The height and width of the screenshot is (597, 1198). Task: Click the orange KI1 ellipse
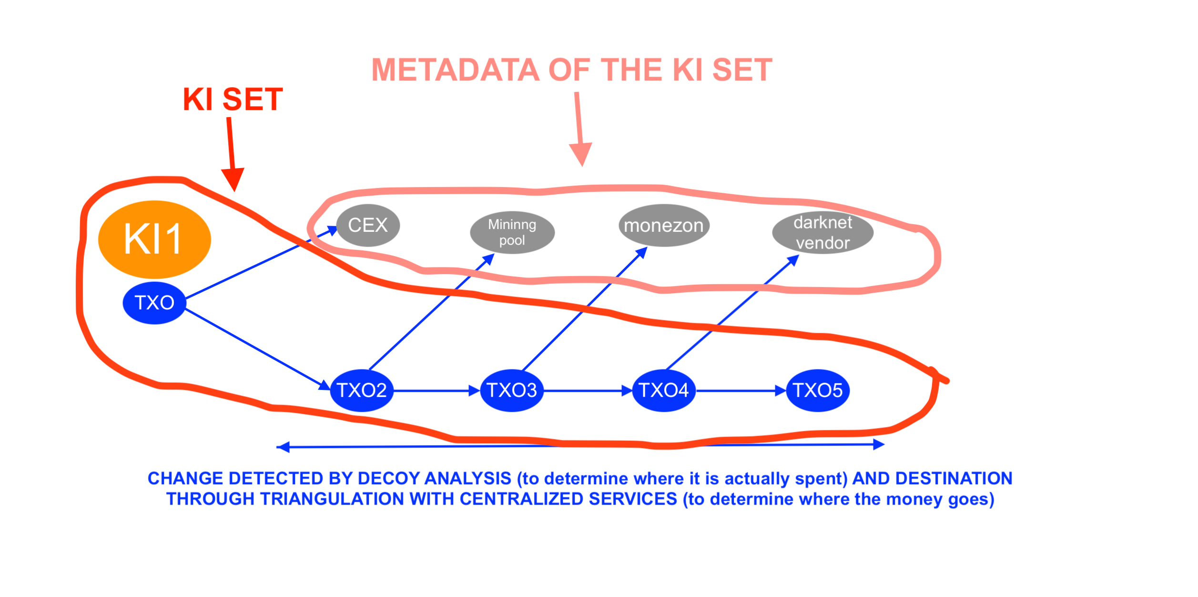154,239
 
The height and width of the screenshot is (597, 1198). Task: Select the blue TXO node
154,303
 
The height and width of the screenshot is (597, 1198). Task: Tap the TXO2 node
362,390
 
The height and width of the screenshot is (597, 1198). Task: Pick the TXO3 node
512,390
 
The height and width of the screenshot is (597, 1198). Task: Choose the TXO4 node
663,390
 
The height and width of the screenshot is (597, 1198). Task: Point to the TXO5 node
818,390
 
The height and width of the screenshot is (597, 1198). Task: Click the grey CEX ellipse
368,225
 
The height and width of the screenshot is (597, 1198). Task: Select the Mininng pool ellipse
512,232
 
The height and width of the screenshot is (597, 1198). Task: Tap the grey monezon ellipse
664,226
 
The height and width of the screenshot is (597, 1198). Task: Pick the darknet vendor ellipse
822,232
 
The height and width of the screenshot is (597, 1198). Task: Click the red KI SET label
233,99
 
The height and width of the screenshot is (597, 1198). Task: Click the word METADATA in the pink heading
455,70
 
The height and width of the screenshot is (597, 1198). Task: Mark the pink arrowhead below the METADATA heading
581,154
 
